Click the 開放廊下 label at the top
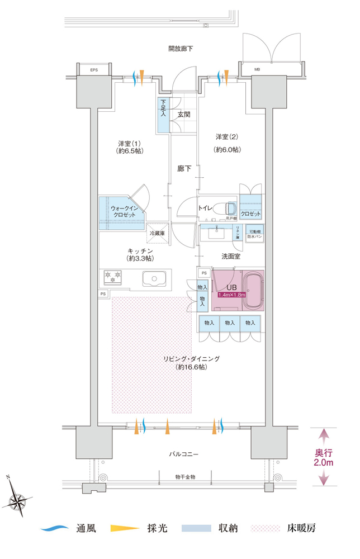181,49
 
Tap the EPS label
93,70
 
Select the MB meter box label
257,70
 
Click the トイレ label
205,209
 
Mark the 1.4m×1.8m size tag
232,295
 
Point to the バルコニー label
181,454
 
